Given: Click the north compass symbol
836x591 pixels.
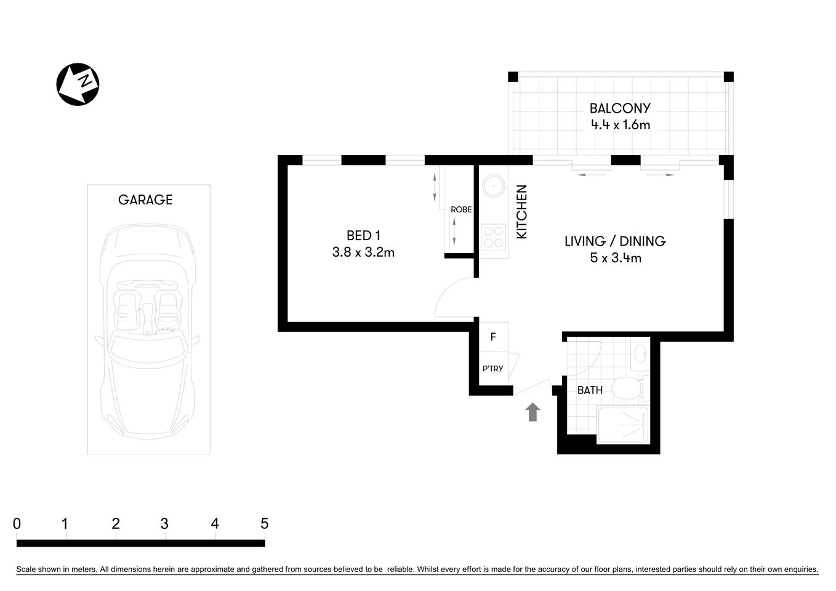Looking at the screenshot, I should tap(78, 84).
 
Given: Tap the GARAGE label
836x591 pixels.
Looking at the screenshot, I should tap(145, 199).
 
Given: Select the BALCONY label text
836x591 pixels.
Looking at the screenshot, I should tap(619, 108).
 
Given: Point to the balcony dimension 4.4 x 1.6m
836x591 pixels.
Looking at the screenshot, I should tap(620, 125).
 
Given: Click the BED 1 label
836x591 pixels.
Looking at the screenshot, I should tap(363, 235).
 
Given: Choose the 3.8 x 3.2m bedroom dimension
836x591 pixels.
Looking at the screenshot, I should tap(363, 252).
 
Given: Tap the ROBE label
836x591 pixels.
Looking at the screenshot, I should tap(461, 209).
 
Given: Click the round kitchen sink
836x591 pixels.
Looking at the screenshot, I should tap(493, 185).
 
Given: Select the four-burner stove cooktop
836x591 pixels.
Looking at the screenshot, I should tap(493, 237).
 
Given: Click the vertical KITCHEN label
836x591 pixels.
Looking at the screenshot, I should tap(521, 212).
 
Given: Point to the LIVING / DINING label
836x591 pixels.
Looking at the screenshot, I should tap(615, 241).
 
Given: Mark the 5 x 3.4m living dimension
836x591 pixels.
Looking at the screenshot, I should tap(615, 258).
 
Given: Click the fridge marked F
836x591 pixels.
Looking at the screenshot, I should tap(493, 337).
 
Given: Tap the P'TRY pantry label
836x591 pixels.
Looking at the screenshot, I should tap(492, 369).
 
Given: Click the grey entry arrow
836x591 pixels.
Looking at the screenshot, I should tap(533, 412).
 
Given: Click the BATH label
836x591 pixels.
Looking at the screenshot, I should tap(589, 390).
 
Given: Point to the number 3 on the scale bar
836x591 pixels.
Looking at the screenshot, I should tap(164, 524).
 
